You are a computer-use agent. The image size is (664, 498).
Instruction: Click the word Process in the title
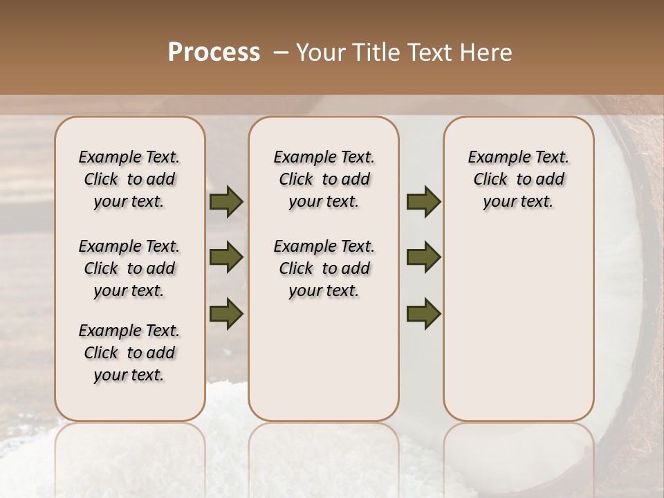[x=214, y=52]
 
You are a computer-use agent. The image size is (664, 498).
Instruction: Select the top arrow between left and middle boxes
[x=226, y=202]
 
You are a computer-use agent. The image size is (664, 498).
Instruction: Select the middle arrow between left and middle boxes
[x=226, y=258]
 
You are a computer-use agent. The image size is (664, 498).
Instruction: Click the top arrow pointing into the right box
[x=423, y=202]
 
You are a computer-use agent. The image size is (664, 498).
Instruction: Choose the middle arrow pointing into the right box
[x=423, y=258]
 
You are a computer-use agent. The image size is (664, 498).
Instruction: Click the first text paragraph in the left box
[x=129, y=179]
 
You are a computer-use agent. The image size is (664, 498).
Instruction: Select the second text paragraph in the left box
[x=129, y=268]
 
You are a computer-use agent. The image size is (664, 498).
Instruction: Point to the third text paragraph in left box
[x=129, y=353]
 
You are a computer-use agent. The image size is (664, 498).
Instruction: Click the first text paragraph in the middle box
[x=324, y=179]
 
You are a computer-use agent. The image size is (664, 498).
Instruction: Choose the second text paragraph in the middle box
[x=324, y=268]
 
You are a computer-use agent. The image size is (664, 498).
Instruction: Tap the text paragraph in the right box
[x=519, y=179]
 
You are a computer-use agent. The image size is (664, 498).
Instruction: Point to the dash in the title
[x=281, y=52]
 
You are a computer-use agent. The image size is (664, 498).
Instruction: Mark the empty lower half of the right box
[x=519, y=325]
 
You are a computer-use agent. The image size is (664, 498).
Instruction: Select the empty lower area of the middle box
[x=324, y=360]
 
